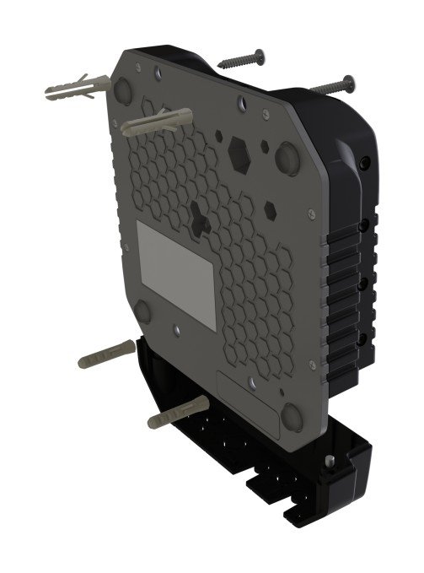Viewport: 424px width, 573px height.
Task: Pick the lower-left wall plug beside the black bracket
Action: pos(105,355)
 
